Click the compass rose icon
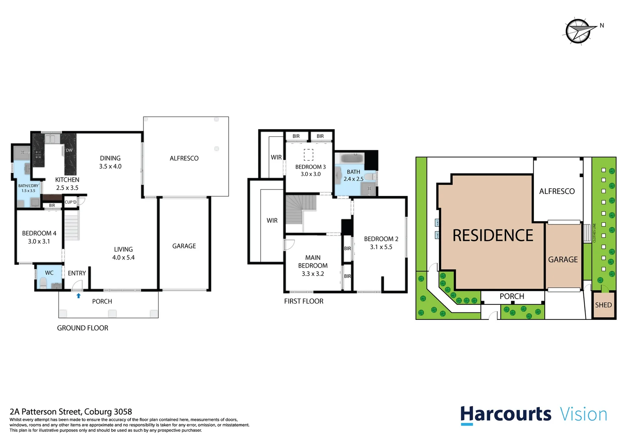coord(578,31)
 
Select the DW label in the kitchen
coord(69,150)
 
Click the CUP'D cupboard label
coord(70,202)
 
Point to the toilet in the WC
coord(43,282)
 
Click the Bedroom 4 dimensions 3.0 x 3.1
coord(39,241)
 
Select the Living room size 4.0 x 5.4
coord(123,257)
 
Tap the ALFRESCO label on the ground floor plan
coord(184,158)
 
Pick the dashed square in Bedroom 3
coord(308,154)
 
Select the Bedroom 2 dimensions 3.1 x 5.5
coord(381,247)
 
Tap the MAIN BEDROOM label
coord(313,262)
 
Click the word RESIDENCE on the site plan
coord(493,235)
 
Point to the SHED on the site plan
coord(603,305)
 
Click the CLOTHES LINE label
coord(594,233)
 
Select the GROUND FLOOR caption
coord(82,328)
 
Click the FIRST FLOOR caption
coord(304,301)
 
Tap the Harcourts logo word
coord(505,414)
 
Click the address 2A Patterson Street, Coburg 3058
coord(70,411)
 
